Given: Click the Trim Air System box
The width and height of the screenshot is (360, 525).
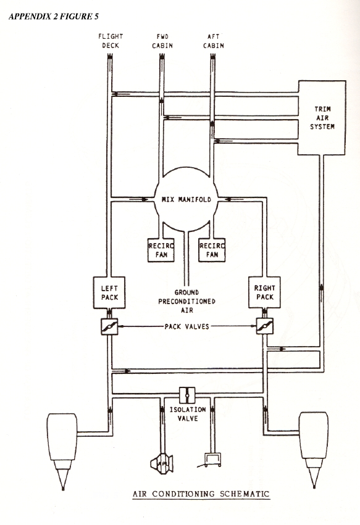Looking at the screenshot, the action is [x=322, y=117].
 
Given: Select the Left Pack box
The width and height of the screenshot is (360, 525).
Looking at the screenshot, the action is [x=109, y=292].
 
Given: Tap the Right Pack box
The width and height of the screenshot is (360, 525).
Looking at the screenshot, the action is [x=264, y=292].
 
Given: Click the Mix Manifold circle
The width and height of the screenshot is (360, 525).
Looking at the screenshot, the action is [x=186, y=199].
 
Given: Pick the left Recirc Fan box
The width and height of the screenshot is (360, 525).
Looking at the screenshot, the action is [x=161, y=250].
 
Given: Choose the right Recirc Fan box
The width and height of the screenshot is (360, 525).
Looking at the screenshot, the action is [x=212, y=250].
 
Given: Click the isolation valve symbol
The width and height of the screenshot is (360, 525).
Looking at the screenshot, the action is [x=187, y=395].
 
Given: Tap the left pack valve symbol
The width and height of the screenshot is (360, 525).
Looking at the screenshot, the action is [x=109, y=326].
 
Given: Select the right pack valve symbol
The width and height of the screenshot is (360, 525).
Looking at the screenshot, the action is [x=264, y=326].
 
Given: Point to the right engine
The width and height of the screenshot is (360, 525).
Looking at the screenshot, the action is [x=314, y=449].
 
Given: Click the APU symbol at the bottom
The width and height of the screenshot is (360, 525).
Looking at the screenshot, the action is [x=162, y=464].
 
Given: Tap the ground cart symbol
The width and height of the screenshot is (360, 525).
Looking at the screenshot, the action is [x=211, y=460].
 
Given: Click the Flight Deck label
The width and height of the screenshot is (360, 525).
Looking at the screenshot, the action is [x=111, y=41].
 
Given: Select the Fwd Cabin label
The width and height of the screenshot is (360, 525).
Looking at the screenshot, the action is [x=162, y=41].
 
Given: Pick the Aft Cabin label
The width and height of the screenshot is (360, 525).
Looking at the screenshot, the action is [x=214, y=41].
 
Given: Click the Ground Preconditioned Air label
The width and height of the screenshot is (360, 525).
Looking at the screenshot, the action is [x=186, y=301].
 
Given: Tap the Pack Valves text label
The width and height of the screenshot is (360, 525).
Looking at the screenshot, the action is [x=186, y=326].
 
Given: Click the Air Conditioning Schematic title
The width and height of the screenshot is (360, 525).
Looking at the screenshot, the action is [x=201, y=494].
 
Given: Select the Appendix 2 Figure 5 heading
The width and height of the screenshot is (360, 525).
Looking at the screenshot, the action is [x=54, y=17].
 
